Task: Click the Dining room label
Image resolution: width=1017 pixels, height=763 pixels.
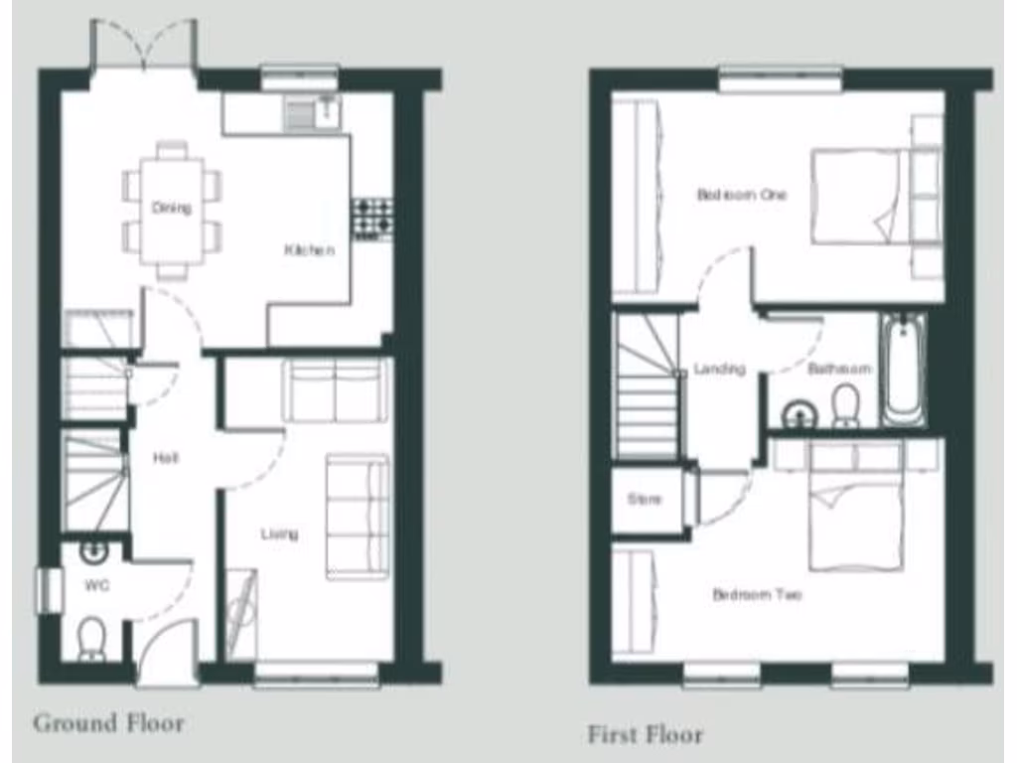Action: coord(172,208)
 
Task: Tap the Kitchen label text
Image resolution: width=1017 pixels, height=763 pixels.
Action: coord(310,250)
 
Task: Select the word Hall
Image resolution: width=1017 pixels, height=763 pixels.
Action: coord(166,458)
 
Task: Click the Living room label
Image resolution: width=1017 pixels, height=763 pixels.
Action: coord(279,534)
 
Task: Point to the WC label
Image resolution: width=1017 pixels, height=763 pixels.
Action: coord(97,585)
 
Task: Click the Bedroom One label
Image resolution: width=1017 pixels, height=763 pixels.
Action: coord(741,195)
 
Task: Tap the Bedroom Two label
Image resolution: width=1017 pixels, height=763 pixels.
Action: coord(757,595)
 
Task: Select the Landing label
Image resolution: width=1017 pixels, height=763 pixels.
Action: coord(719,369)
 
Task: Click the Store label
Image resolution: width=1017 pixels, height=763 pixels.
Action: coord(644,500)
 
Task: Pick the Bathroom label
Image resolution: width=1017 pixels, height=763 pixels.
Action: coord(839,369)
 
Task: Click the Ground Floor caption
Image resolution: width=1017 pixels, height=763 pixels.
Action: coord(109,722)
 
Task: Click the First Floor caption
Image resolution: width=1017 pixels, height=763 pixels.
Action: coord(646,735)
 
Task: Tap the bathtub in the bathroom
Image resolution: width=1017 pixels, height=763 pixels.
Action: coord(903,369)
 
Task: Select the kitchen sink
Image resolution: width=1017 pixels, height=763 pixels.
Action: coord(312,112)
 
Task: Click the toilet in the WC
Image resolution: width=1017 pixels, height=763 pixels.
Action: coord(91,636)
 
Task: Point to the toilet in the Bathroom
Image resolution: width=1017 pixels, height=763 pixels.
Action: coord(845,405)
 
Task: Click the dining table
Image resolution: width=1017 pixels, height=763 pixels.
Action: coord(172,210)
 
